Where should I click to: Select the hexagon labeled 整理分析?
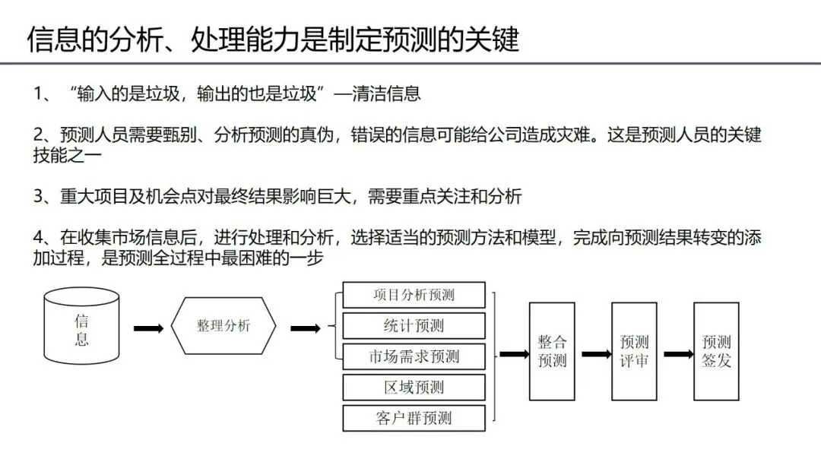[223, 326]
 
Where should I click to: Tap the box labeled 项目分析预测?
[414, 295]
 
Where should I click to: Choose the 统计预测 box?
[414, 326]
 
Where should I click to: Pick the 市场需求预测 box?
[414, 356]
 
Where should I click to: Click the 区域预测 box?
[414, 388]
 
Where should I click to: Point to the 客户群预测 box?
[414, 418]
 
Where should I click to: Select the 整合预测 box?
[552, 351]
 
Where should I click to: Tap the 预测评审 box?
[634, 351]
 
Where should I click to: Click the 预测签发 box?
[716, 351]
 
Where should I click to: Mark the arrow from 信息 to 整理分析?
[148, 328]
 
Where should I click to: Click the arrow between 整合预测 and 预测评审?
[597, 354]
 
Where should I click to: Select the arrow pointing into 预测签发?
[679, 354]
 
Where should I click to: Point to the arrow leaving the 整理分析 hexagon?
[305, 328]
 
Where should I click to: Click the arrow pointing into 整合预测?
[514, 354]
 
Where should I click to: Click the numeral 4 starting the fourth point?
[37, 238]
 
